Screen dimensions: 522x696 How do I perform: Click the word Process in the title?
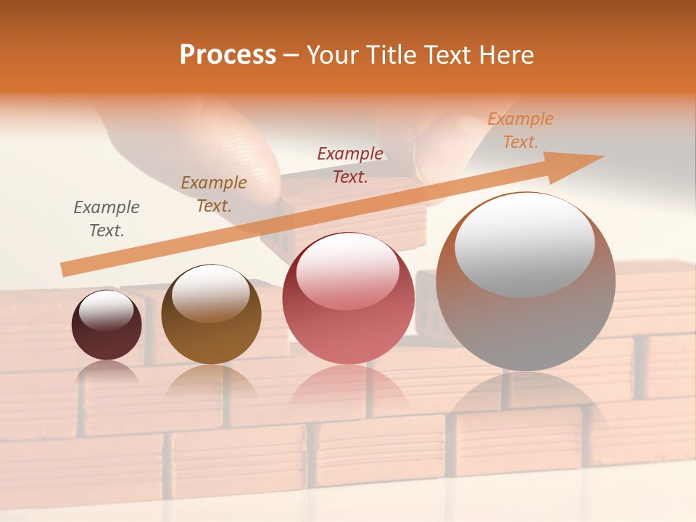coord(228,55)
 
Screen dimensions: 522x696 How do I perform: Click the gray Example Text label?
coord(107,219)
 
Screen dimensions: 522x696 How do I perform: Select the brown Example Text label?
coord(214,194)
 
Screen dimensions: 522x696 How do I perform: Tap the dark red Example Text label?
coord(350,165)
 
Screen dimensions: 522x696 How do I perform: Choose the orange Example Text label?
coord(521,130)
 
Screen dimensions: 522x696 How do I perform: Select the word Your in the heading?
coord(331,55)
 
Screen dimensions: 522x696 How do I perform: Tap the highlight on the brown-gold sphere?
coord(210,294)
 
